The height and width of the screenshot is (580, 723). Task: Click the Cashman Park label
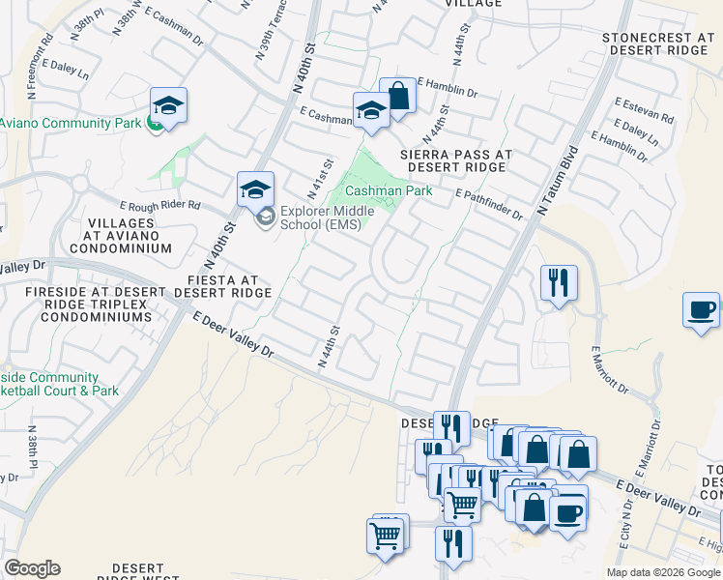[389, 191]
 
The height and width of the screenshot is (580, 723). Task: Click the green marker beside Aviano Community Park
[154, 124]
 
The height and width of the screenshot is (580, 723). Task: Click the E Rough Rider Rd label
[159, 206]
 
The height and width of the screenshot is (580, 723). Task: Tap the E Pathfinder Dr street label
[490, 203]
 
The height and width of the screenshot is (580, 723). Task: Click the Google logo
[32, 568]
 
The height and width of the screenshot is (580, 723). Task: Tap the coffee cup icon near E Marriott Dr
[703, 310]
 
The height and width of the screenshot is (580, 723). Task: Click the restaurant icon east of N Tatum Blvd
[559, 282]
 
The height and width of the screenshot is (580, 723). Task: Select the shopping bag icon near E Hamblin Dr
[397, 96]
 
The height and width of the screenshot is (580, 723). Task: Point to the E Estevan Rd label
[645, 108]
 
